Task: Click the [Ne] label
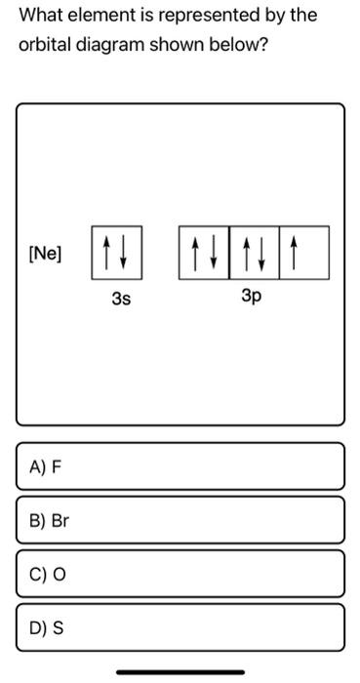tap(45, 254)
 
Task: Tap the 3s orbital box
tap(117, 253)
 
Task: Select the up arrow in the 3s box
tap(105, 253)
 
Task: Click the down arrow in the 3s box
tap(124, 252)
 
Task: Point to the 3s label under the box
tap(121, 300)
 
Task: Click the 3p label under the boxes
tap(252, 298)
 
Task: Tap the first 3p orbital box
tap(204, 253)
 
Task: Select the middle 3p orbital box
tap(255, 253)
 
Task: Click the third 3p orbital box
tap(304, 253)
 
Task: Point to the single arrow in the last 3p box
tap(294, 253)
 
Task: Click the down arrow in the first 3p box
tap(214, 252)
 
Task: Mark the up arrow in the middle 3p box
tap(246, 253)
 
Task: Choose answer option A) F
tap(180, 466)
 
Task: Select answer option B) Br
tap(180, 520)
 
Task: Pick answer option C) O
tap(180, 574)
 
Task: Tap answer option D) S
tap(180, 627)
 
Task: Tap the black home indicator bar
tap(180, 672)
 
